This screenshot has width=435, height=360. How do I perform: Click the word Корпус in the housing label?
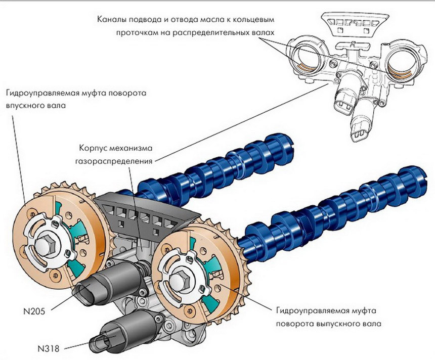[94, 149]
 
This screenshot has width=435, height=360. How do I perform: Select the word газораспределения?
[115, 161]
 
